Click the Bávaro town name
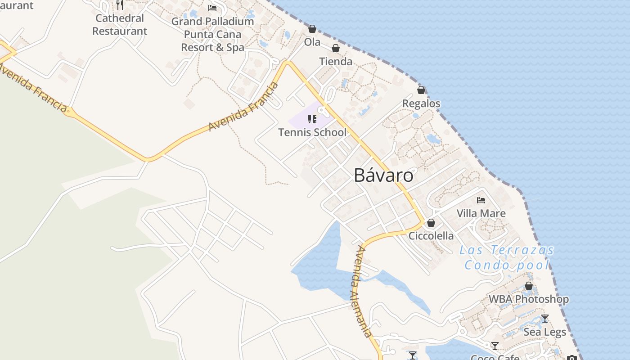[x=383, y=175]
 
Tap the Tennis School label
[x=312, y=132]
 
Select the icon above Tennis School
[x=312, y=119]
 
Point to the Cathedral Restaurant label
[x=120, y=25]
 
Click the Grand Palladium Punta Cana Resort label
[x=212, y=34]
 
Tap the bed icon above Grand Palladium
[x=212, y=8]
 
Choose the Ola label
[x=312, y=42]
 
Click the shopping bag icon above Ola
[x=312, y=29]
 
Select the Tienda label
[x=336, y=61]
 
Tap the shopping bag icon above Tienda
[x=336, y=48]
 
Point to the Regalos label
[x=421, y=103]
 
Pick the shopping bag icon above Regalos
[x=421, y=90]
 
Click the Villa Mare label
[x=481, y=213]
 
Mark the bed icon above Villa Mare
[x=481, y=200]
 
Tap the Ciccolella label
[x=431, y=235]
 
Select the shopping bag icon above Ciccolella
[x=431, y=223]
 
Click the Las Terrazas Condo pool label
[x=507, y=257]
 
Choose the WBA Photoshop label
[x=529, y=299]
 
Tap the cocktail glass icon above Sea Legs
[x=545, y=319]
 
